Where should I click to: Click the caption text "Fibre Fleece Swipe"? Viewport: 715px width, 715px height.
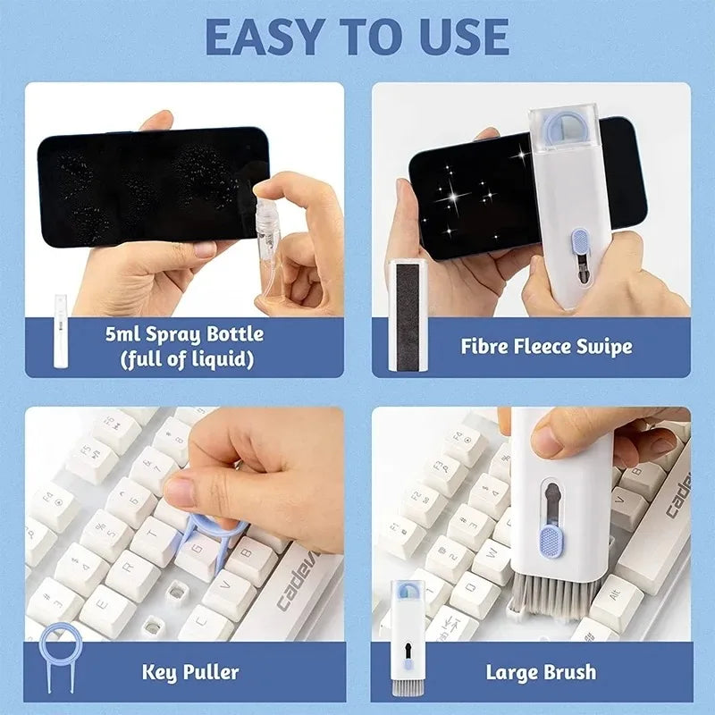pyautogui.click(x=546, y=346)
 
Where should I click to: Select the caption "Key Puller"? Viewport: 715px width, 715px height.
pyautogui.click(x=189, y=670)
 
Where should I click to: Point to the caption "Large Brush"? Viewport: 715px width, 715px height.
pyautogui.click(x=541, y=670)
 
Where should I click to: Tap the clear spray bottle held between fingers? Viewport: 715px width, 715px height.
pyautogui.click(x=268, y=237)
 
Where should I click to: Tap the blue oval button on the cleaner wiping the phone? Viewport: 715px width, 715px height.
pyautogui.click(x=579, y=242)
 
